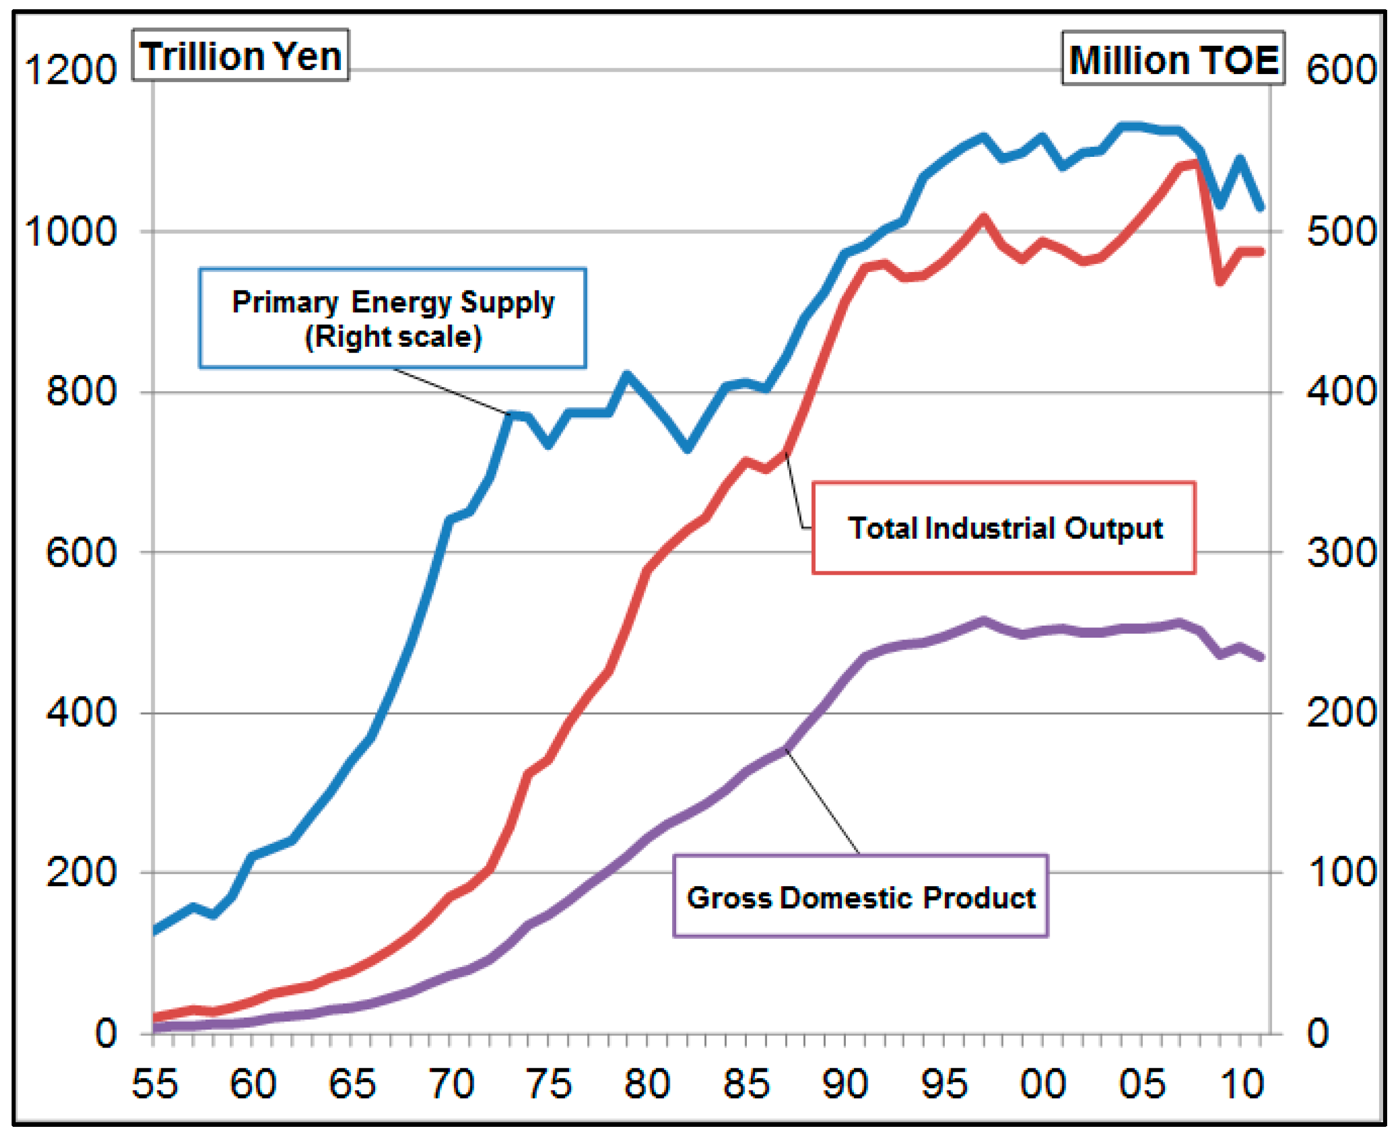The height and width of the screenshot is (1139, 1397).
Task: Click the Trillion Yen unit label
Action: (x=240, y=56)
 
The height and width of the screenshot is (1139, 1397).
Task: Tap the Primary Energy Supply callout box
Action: (x=393, y=318)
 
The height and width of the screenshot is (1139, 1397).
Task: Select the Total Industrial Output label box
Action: (x=1003, y=528)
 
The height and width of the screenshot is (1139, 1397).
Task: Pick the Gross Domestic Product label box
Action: (x=860, y=897)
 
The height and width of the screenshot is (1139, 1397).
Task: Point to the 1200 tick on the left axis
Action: (x=70, y=69)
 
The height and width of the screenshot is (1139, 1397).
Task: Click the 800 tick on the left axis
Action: (x=82, y=392)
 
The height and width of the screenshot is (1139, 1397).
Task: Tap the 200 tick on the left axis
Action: (x=82, y=873)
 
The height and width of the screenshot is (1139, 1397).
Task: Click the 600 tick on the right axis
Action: (x=1341, y=69)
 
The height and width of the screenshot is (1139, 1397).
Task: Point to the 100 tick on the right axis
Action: (x=1341, y=873)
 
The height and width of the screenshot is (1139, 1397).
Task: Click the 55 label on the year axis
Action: (x=155, y=1083)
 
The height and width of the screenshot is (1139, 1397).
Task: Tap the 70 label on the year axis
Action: (x=451, y=1083)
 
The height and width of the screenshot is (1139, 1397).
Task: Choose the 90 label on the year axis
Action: (x=845, y=1083)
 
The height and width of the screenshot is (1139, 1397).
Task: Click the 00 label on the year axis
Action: (x=1043, y=1083)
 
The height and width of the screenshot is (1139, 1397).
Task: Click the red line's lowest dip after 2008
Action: (x=1220, y=281)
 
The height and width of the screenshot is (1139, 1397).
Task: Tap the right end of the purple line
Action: (x=1260, y=657)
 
